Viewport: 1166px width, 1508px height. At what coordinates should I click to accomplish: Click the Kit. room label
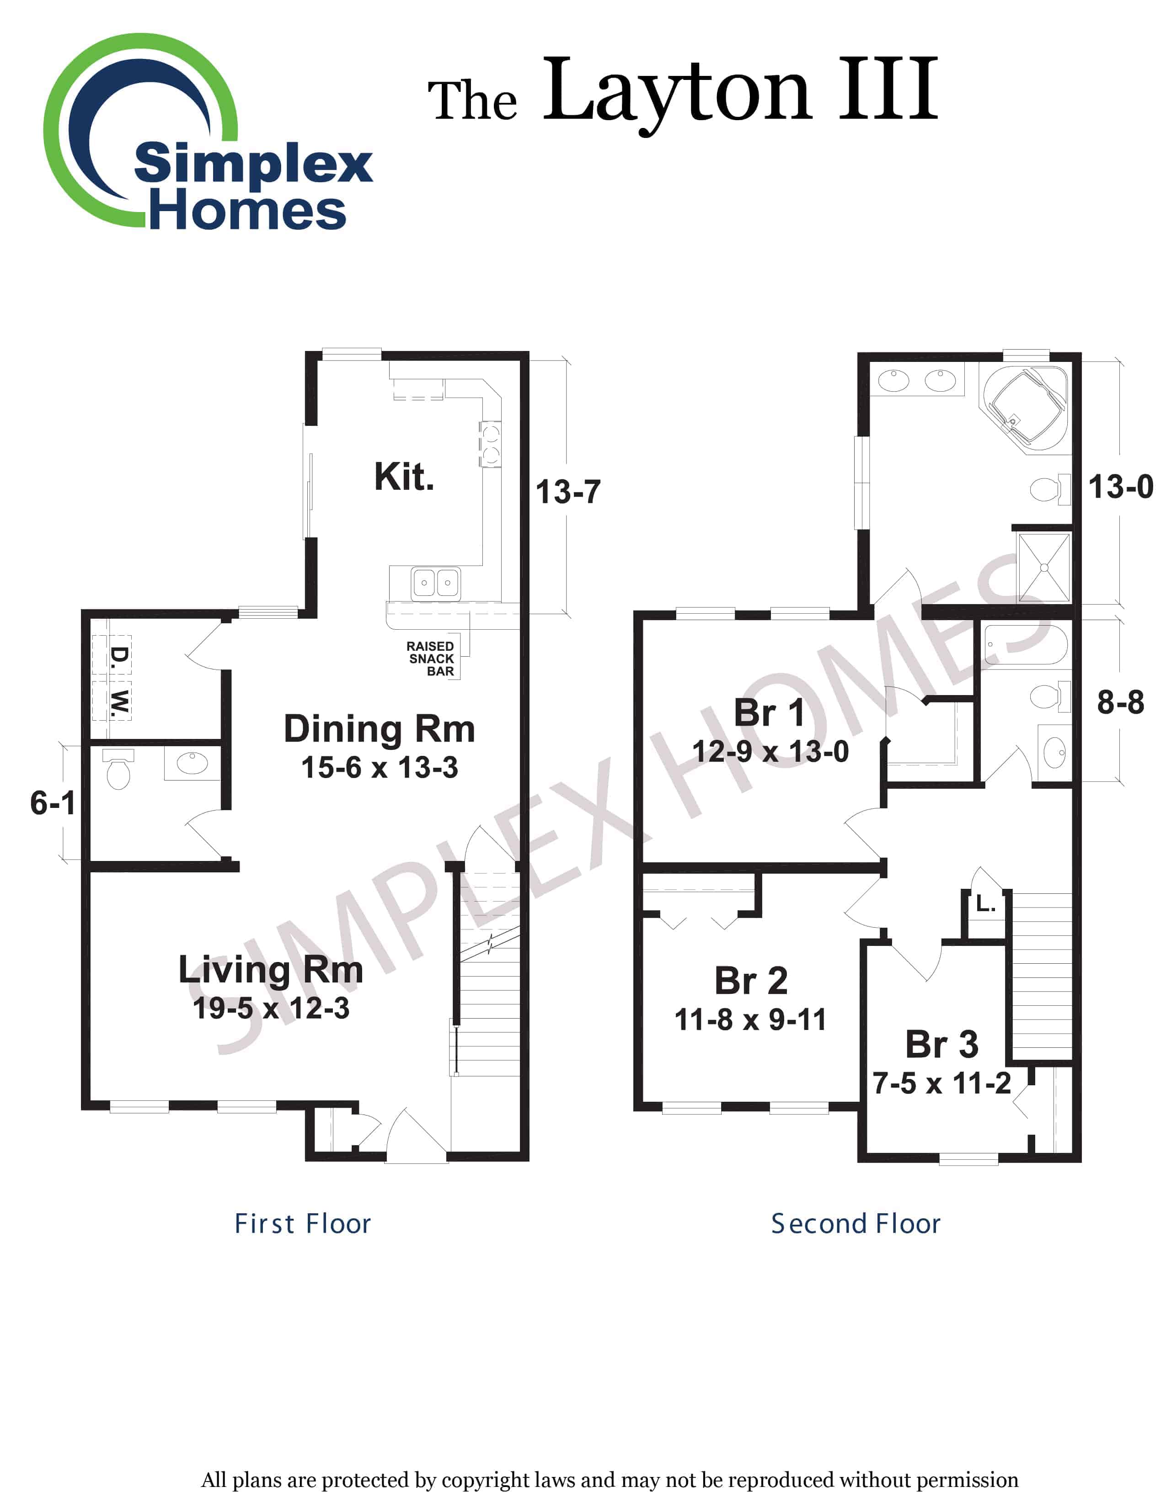click(404, 477)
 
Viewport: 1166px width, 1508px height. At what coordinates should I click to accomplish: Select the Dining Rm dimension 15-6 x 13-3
click(379, 768)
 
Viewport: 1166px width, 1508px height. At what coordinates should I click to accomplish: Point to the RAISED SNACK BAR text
click(430, 658)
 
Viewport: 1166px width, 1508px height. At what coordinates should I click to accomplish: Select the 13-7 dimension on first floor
click(568, 492)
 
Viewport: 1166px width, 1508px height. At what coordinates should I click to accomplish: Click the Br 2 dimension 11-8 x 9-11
click(750, 1020)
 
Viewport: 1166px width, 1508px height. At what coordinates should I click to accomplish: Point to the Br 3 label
click(941, 1044)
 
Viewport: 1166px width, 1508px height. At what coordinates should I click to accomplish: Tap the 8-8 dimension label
click(1120, 702)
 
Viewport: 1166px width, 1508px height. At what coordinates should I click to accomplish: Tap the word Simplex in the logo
click(253, 165)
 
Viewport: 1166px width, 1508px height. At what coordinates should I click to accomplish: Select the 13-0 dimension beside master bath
click(1120, 487)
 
